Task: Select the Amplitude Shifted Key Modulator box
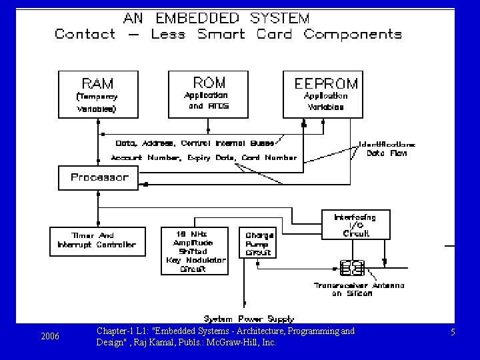click(195, 251)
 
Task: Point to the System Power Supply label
click(249, 319)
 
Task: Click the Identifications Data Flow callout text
click(387, 148)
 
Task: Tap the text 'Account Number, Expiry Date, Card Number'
click(204, 158)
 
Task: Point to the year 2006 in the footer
click(50, 336)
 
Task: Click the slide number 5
click(453, 331)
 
